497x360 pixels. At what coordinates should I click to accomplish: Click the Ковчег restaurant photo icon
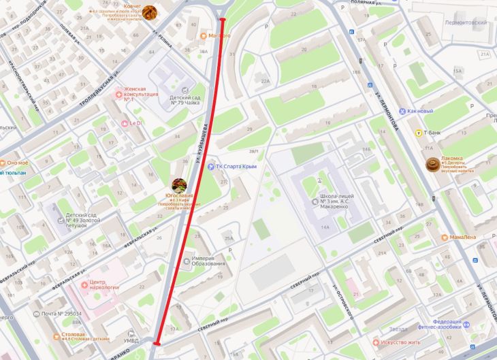click(149, 12)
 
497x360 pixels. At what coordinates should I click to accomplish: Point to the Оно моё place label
click(18, 163)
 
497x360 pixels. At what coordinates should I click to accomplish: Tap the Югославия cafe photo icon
click(179, 185)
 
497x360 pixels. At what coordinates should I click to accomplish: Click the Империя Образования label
click(208, 261)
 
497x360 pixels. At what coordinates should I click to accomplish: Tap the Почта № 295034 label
click(61, 314)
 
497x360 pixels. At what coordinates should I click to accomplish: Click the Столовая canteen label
click(71, 335)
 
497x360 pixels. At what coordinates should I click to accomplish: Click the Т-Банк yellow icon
click(418, 133)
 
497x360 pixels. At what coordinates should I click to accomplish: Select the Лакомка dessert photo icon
click(432, 165)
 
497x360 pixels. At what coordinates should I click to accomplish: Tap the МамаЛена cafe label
click(462, 238)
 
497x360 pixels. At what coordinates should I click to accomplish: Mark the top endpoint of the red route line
click(223, 20)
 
